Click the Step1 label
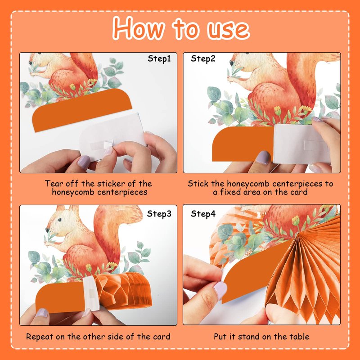tap(159, 59)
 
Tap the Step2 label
tap(203, 59)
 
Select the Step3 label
tap(159, 214)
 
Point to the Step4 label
tap(203, 214)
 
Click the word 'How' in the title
tap(139, 28)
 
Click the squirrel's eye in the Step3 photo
tap(60, 220)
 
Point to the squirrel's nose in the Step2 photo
tap(232, 63)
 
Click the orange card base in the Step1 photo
tap(82, 110)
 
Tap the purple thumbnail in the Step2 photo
tap(263, 157)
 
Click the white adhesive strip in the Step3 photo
tap(91, 293)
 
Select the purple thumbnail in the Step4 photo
tap(220, 290)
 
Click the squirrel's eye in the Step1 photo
tap(30, 63)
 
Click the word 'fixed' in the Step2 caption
tap(230, 192)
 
